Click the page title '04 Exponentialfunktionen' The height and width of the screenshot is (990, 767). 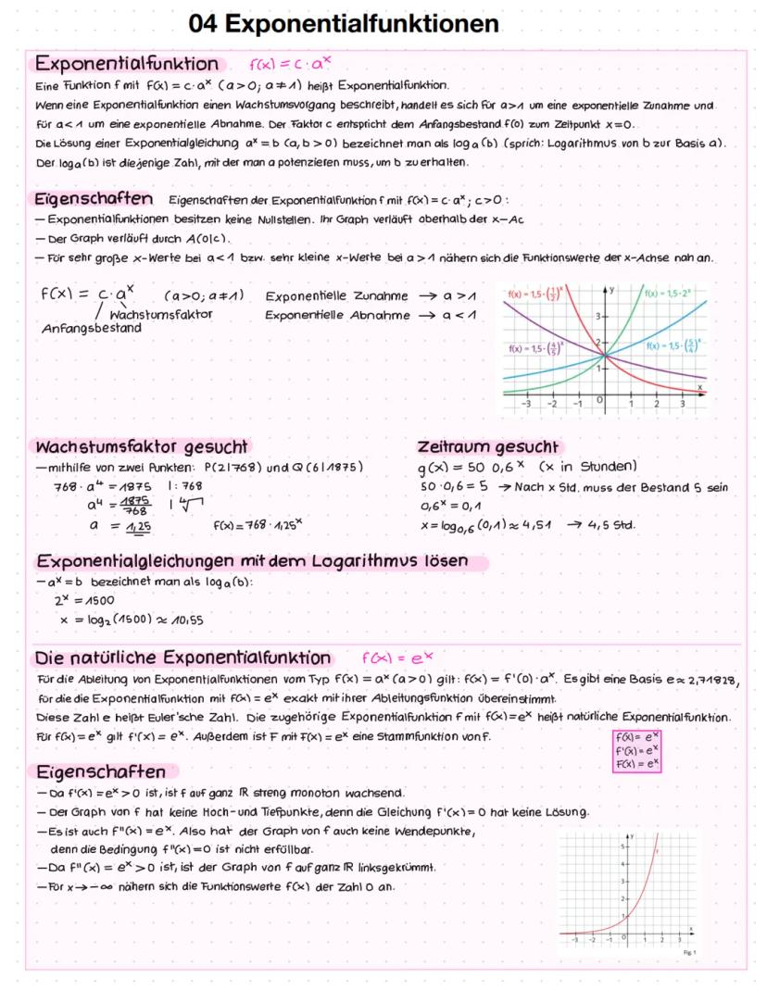(344, 23)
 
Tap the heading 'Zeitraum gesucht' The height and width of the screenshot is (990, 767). (488, 445)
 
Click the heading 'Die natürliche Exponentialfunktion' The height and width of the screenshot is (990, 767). (182, 658)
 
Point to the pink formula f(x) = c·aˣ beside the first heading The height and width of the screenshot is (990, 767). (291, 65)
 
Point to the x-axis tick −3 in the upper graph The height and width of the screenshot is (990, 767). (526, 405)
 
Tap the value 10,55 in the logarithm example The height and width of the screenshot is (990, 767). (183, 620)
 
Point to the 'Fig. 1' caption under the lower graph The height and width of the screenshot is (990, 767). (688, 953)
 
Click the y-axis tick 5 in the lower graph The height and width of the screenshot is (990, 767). (623, 846)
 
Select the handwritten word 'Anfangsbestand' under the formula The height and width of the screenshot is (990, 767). (92, 327)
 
